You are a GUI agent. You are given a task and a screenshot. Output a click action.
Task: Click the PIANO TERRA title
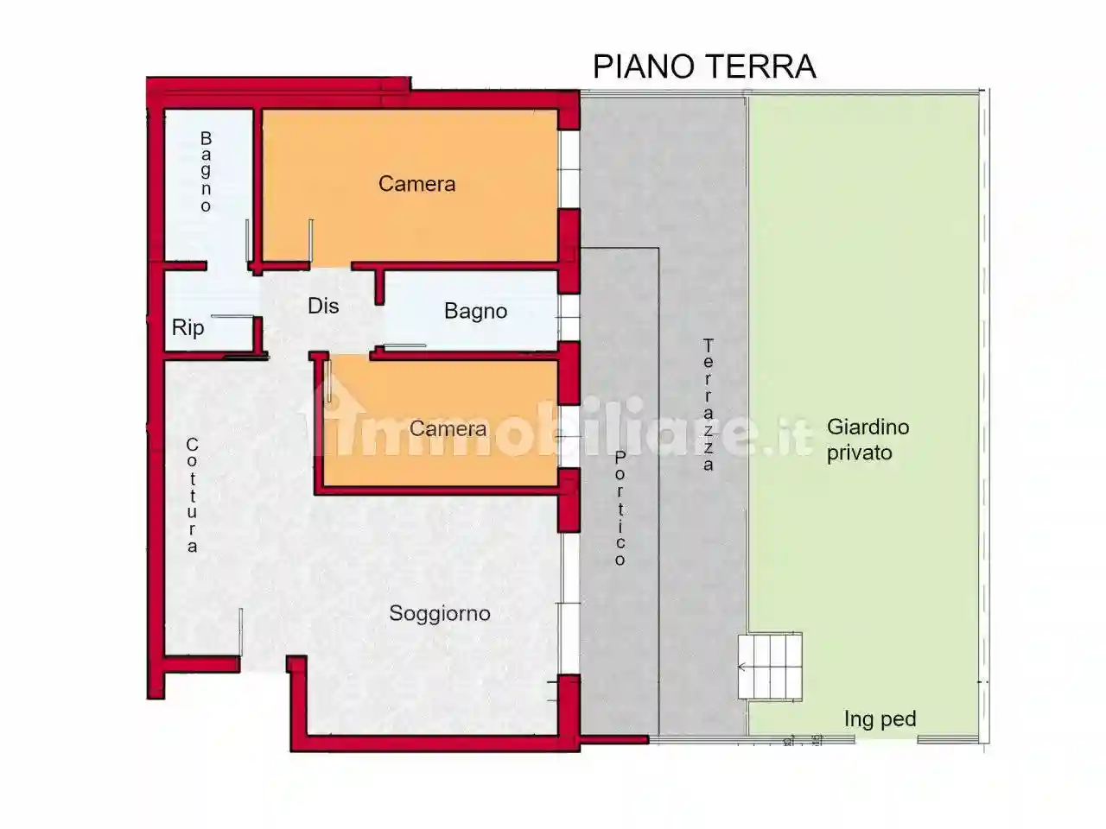point(704,66)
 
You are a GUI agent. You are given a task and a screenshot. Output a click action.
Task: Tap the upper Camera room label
point(416,184)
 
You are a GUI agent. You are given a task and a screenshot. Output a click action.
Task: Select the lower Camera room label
point(448,428)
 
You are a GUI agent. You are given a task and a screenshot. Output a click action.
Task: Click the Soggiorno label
point(439,613)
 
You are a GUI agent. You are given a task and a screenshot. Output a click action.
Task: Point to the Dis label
point(323,306)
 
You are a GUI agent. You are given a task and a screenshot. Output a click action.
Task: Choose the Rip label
point(188,327)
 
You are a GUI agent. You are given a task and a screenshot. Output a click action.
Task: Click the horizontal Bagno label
point(475,311)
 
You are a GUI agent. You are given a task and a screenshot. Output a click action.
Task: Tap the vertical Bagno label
point(206,172)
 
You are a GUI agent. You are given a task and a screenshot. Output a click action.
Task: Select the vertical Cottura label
point(192,495)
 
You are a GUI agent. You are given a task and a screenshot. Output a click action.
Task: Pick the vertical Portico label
point(620,509)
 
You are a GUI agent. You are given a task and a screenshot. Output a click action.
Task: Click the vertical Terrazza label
point(708,404)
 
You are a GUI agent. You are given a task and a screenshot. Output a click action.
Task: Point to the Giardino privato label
point(868,440)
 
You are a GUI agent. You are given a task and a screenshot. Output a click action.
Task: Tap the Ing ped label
point(880,718)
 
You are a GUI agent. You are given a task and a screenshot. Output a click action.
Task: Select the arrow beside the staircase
point(742,667)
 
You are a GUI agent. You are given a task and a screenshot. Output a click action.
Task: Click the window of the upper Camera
point(569,169)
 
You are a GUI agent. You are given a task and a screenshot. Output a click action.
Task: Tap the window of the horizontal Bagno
point(568,318)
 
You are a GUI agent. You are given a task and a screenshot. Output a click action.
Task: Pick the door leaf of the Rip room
point(232,317)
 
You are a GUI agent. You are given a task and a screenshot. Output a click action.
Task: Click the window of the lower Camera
point(568,436)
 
